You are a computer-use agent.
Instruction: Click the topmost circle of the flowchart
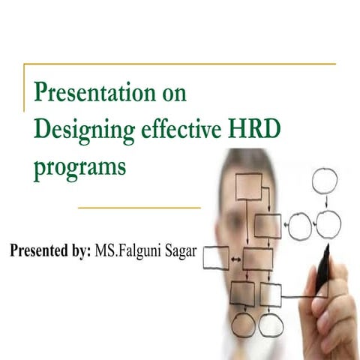[x=326, y=181]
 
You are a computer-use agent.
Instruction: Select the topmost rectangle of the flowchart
[x=249, y=186]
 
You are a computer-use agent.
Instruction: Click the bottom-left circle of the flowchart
[x=243, y=324]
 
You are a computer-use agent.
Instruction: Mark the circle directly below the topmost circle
[x=328, y=223]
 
